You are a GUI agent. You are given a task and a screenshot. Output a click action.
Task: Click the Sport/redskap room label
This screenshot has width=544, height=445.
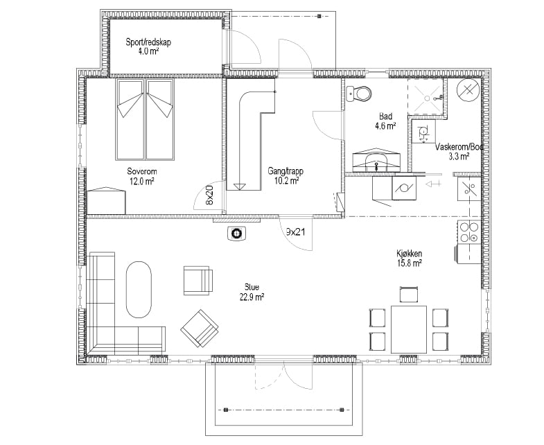click(148, 47)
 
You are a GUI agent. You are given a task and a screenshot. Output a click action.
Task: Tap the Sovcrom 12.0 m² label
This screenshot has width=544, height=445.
click(142, 176)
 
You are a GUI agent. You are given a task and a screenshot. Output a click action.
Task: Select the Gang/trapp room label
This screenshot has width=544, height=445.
click(286, 175)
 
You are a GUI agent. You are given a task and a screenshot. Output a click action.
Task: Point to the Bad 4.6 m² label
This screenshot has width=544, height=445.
click(385, 121)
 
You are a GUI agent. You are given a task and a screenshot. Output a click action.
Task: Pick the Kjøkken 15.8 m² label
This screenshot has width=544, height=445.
click(410, 258)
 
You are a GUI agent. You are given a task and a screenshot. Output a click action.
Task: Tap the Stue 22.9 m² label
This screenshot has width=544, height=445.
click(252, 292)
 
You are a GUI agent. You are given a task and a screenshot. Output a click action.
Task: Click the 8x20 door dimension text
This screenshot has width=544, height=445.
click(209, 195)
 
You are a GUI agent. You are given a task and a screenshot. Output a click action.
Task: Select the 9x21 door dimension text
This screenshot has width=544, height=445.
click(296, 232)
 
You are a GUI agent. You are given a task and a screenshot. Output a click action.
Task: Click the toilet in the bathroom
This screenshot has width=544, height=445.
click(359, 93)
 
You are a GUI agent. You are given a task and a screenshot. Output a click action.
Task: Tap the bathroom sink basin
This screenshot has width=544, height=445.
click(376, 162)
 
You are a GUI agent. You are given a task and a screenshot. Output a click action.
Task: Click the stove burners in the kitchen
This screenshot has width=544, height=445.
click(468, 232)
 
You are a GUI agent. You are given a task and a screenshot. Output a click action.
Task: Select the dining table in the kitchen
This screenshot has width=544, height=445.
click(409, 329)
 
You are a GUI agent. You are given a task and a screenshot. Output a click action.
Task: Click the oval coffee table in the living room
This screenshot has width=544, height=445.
click(139, 289)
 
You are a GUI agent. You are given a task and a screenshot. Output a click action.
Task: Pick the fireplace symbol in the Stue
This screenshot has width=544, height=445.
click(236, 234)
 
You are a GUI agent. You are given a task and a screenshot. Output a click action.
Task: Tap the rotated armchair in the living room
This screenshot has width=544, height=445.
click(200, 329)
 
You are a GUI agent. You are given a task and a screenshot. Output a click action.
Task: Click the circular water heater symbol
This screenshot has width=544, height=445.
click(468, 91)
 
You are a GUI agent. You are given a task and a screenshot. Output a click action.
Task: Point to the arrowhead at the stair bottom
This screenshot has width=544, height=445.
click(239, 186)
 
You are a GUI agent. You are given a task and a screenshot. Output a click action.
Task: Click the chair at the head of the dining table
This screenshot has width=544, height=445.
click(409, 295)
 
